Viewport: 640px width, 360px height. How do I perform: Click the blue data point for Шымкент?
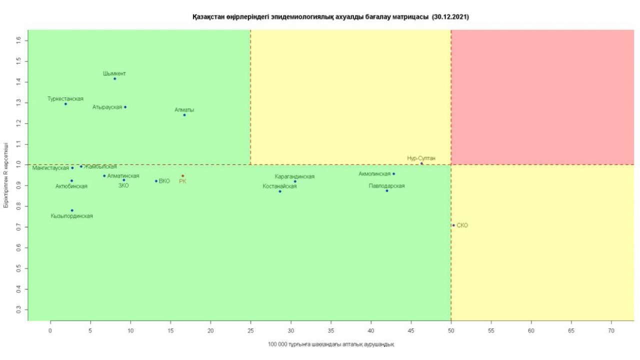(114, 78)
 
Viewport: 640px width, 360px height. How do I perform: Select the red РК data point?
(182, 175)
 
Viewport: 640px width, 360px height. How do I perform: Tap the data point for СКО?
(453, 225)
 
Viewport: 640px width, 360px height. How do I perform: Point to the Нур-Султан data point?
(421, 163)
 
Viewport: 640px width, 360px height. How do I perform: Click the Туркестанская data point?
(65, 103)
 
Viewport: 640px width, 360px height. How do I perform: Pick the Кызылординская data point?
(72, 210)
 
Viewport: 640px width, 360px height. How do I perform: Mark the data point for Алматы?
(184, 115)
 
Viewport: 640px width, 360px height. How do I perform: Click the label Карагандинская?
(294, 176)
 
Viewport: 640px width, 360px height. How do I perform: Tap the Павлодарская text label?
(386, 186)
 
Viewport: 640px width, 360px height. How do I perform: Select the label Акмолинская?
(374, 174)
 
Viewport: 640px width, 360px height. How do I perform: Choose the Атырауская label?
(107, 107)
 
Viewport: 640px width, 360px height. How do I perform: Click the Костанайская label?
(279, 186)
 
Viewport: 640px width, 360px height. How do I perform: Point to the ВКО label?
(164, 181)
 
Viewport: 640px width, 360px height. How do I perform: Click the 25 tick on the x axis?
(250, 330)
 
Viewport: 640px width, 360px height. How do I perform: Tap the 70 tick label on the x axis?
(611, 330)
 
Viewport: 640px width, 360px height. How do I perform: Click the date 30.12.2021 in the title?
(450, 17)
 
